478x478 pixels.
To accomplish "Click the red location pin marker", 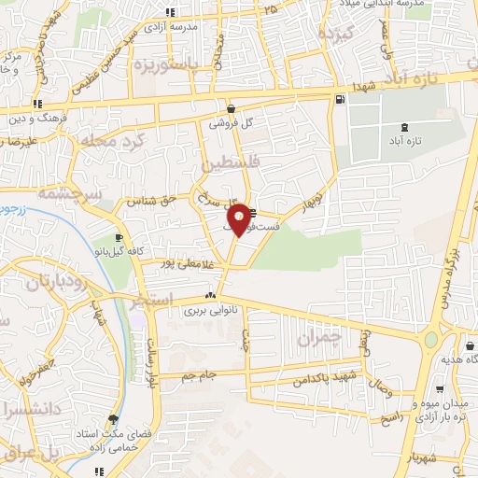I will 239,219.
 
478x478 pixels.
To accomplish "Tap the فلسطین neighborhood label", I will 225,165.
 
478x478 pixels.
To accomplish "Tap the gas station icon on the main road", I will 338,99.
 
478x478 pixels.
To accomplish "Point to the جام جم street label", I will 200,374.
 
